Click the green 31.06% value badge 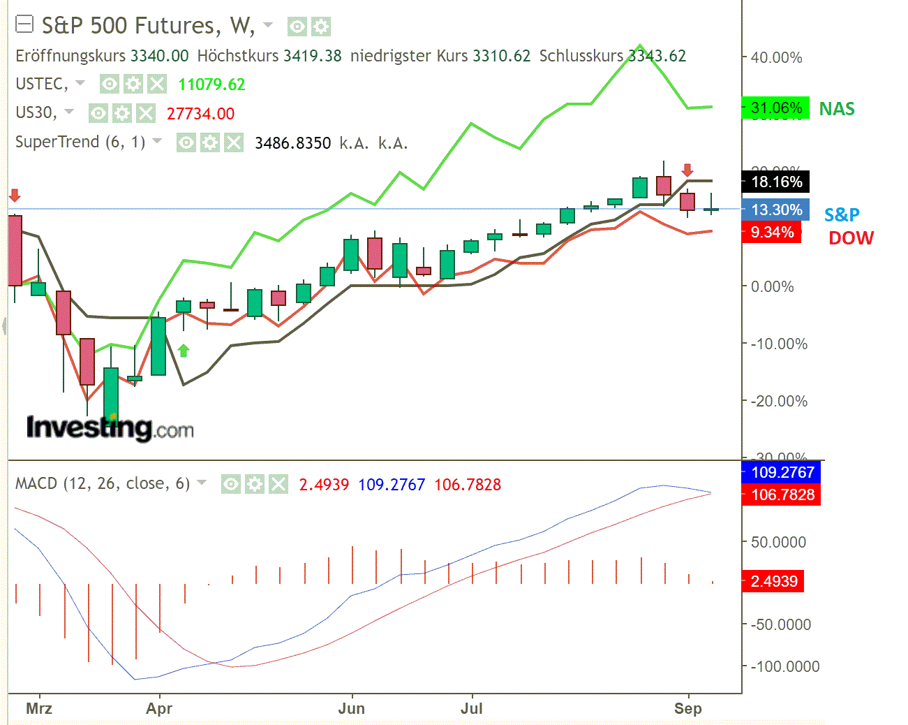tap(775, 108)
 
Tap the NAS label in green tap(837, 109)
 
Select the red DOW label tap(851, 238)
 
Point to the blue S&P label tap(842, 215)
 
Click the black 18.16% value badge tap(775, 182)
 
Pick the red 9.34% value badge tap(771, 233)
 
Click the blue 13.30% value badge tap(775, 210)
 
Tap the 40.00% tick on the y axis tap(776, 58)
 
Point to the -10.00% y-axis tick tap(778, 344)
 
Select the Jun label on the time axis tap(351, 708)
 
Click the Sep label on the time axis tap(687, 708)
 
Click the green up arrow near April tap(184, 350)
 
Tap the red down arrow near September tap(687, 170)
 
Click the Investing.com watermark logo tap(110, 427)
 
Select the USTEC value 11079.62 tap(211, 85)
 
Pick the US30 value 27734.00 tap(200, 114)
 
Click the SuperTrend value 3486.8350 tap(292, 143)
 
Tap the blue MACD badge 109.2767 tap(781, 473)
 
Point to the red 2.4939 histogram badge tap(773, 581)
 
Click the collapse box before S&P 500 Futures tap(24, 26)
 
